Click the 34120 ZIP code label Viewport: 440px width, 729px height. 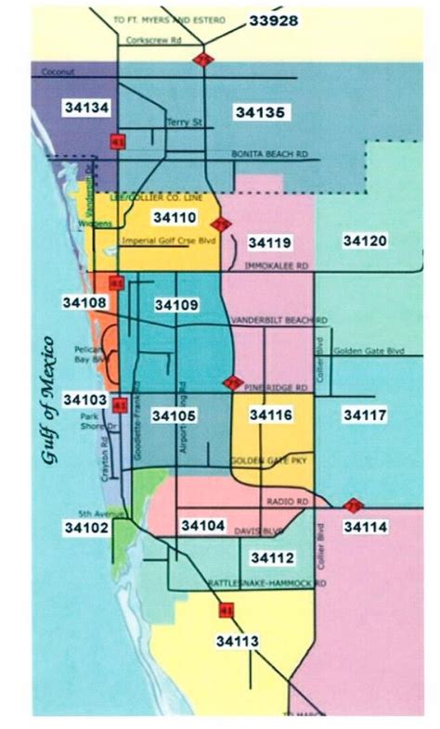point(365,240)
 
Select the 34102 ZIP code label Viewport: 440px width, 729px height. point(86,528)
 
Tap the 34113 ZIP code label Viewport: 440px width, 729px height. point(239,641)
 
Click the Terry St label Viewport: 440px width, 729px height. point(178,121)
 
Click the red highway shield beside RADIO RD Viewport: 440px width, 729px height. point(353,505)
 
